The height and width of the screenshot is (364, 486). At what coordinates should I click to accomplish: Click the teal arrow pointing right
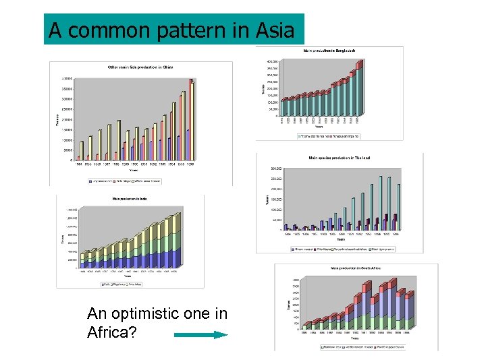[201, 334]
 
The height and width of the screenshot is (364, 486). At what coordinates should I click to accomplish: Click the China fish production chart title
[141, 67]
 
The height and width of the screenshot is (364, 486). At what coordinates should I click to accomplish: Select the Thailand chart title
[340, 158]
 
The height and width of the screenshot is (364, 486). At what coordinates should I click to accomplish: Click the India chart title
[130, 199]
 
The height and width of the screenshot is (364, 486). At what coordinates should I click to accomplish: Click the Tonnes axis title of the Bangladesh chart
[263, 88]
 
